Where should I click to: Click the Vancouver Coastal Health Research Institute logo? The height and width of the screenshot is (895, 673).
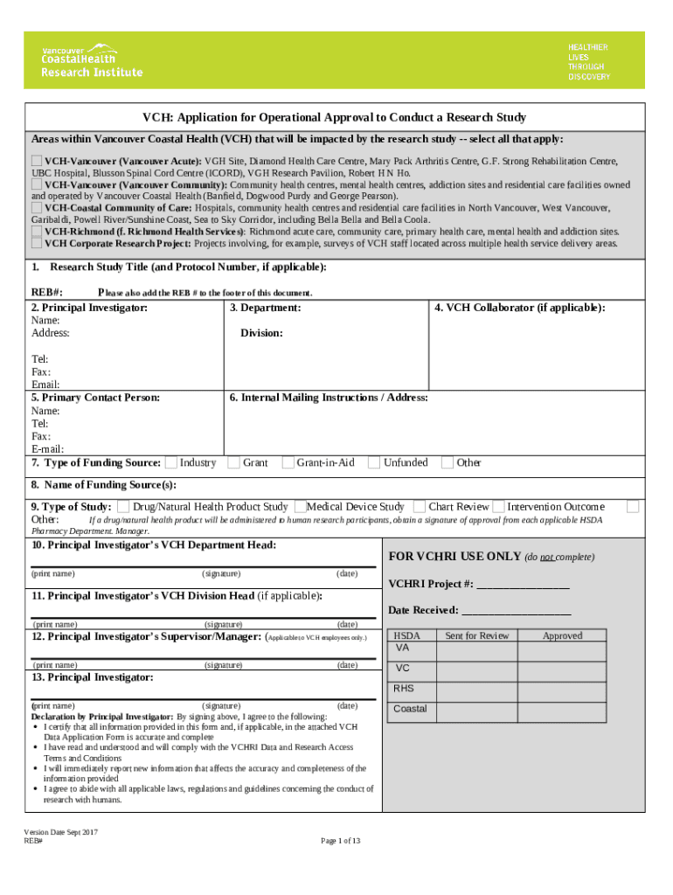coord(92,60)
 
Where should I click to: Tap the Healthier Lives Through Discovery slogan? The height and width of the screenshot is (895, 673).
coord(588,61)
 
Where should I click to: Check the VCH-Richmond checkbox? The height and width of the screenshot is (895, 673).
coord(37,232)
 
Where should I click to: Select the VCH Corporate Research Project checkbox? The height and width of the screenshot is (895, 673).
coord(37,244)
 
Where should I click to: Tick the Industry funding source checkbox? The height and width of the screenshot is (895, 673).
coord(171,462)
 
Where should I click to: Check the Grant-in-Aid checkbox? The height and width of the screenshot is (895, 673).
coord(288,462)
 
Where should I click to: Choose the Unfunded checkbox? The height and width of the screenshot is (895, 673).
coord(374,462)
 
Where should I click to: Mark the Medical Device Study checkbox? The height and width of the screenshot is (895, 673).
coord(300,506)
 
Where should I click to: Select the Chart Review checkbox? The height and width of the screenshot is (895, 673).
coord(420,506)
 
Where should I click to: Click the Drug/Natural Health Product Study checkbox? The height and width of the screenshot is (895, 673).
coord(124,506)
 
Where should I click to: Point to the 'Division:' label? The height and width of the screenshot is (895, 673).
coord(261,333)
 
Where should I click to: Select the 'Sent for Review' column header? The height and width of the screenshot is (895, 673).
coord(476,635)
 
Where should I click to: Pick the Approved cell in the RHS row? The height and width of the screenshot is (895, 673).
coord(562,690)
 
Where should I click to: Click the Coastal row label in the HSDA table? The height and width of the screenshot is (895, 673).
coord(410,709)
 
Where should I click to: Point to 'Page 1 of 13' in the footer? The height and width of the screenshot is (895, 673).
coord(341,841)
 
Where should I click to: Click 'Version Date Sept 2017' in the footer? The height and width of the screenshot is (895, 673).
coord(60,832)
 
